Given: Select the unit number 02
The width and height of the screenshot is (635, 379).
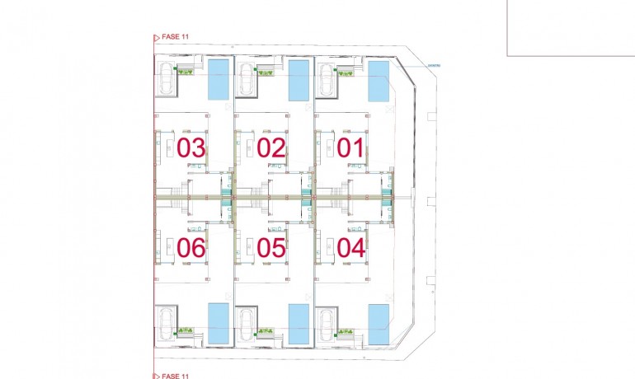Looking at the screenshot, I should [270, 148].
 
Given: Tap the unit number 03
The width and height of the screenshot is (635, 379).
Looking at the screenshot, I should [190, 148].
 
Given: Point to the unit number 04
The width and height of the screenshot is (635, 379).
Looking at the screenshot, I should [351, 246].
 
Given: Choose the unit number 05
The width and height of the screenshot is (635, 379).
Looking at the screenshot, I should [271, 246].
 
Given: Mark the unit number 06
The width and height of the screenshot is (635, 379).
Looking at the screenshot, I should [190, 246].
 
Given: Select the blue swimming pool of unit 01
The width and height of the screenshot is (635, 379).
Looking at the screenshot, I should [379, 82].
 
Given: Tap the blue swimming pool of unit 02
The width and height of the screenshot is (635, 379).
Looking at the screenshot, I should [299, 79].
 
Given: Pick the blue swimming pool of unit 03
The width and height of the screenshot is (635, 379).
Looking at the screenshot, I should [219, 79].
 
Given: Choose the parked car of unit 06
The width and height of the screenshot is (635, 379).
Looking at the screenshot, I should [166, 322].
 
